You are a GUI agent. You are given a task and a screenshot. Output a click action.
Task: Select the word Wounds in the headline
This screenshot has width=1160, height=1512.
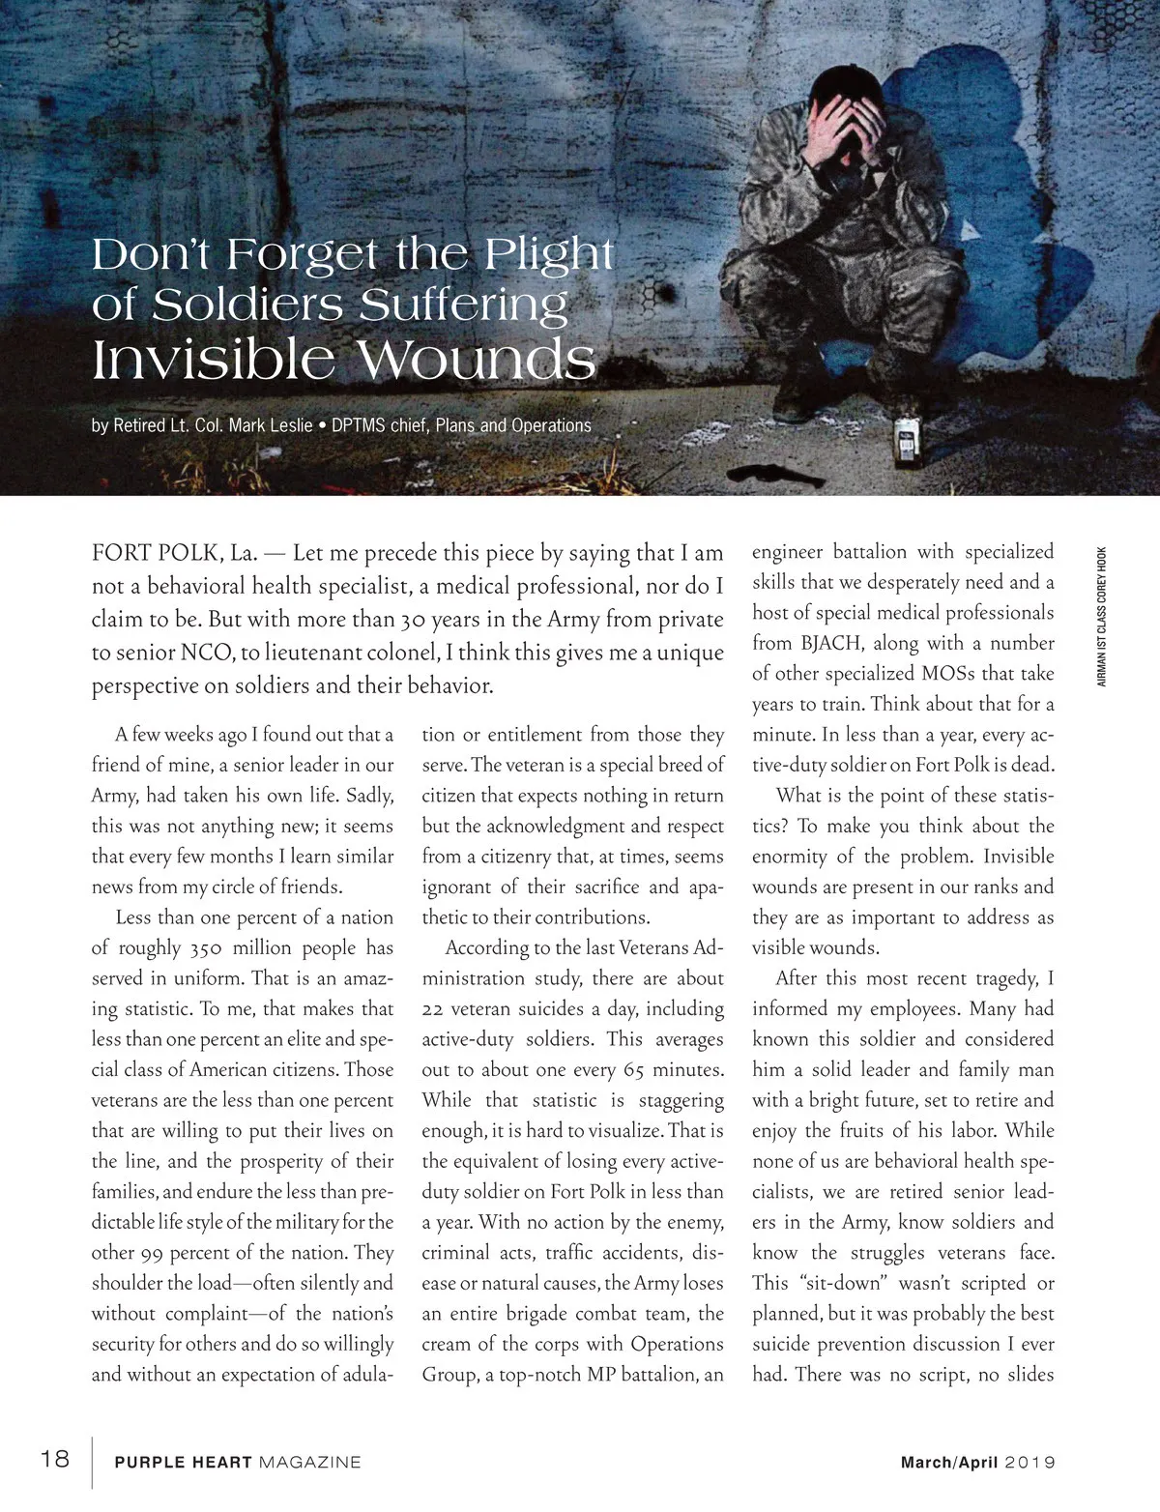tap(478, 361)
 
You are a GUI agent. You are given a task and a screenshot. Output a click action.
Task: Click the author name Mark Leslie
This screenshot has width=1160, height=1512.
tap(271, 425)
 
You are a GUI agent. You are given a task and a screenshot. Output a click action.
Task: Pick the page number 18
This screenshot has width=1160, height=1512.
tap(55, 1458)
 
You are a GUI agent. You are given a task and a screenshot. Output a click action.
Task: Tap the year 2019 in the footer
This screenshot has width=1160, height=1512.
tap(1029, 1463)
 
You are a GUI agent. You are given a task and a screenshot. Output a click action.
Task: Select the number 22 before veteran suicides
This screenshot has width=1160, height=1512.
tap(432, 1009)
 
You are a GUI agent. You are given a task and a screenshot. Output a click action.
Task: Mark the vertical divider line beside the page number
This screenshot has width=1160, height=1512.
tap(93, 1463)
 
